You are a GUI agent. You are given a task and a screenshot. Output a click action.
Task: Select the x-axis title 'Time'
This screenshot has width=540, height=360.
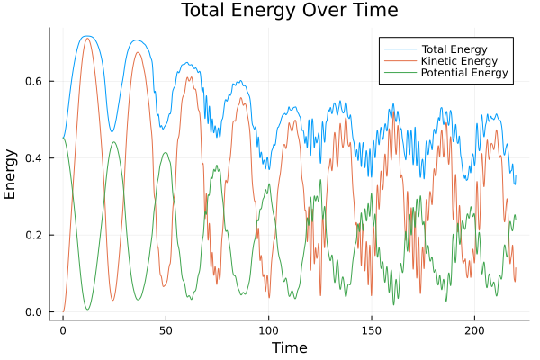point(289,347)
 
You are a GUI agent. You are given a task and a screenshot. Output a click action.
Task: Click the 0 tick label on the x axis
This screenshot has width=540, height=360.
point(63,330)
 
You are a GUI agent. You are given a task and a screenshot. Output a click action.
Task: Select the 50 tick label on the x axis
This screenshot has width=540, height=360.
point(166,330)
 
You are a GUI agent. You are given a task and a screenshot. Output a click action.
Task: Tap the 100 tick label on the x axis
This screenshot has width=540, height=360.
point(268,330)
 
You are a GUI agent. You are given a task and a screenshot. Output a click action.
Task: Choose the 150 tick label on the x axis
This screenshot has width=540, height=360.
point(372,330)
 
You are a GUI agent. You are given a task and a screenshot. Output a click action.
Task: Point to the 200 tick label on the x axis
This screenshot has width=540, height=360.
point(474,330)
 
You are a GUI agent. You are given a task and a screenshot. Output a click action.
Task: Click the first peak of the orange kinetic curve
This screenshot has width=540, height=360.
point(87,38)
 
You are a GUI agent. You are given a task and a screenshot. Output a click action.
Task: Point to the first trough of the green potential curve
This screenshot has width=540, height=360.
point(87,310)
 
